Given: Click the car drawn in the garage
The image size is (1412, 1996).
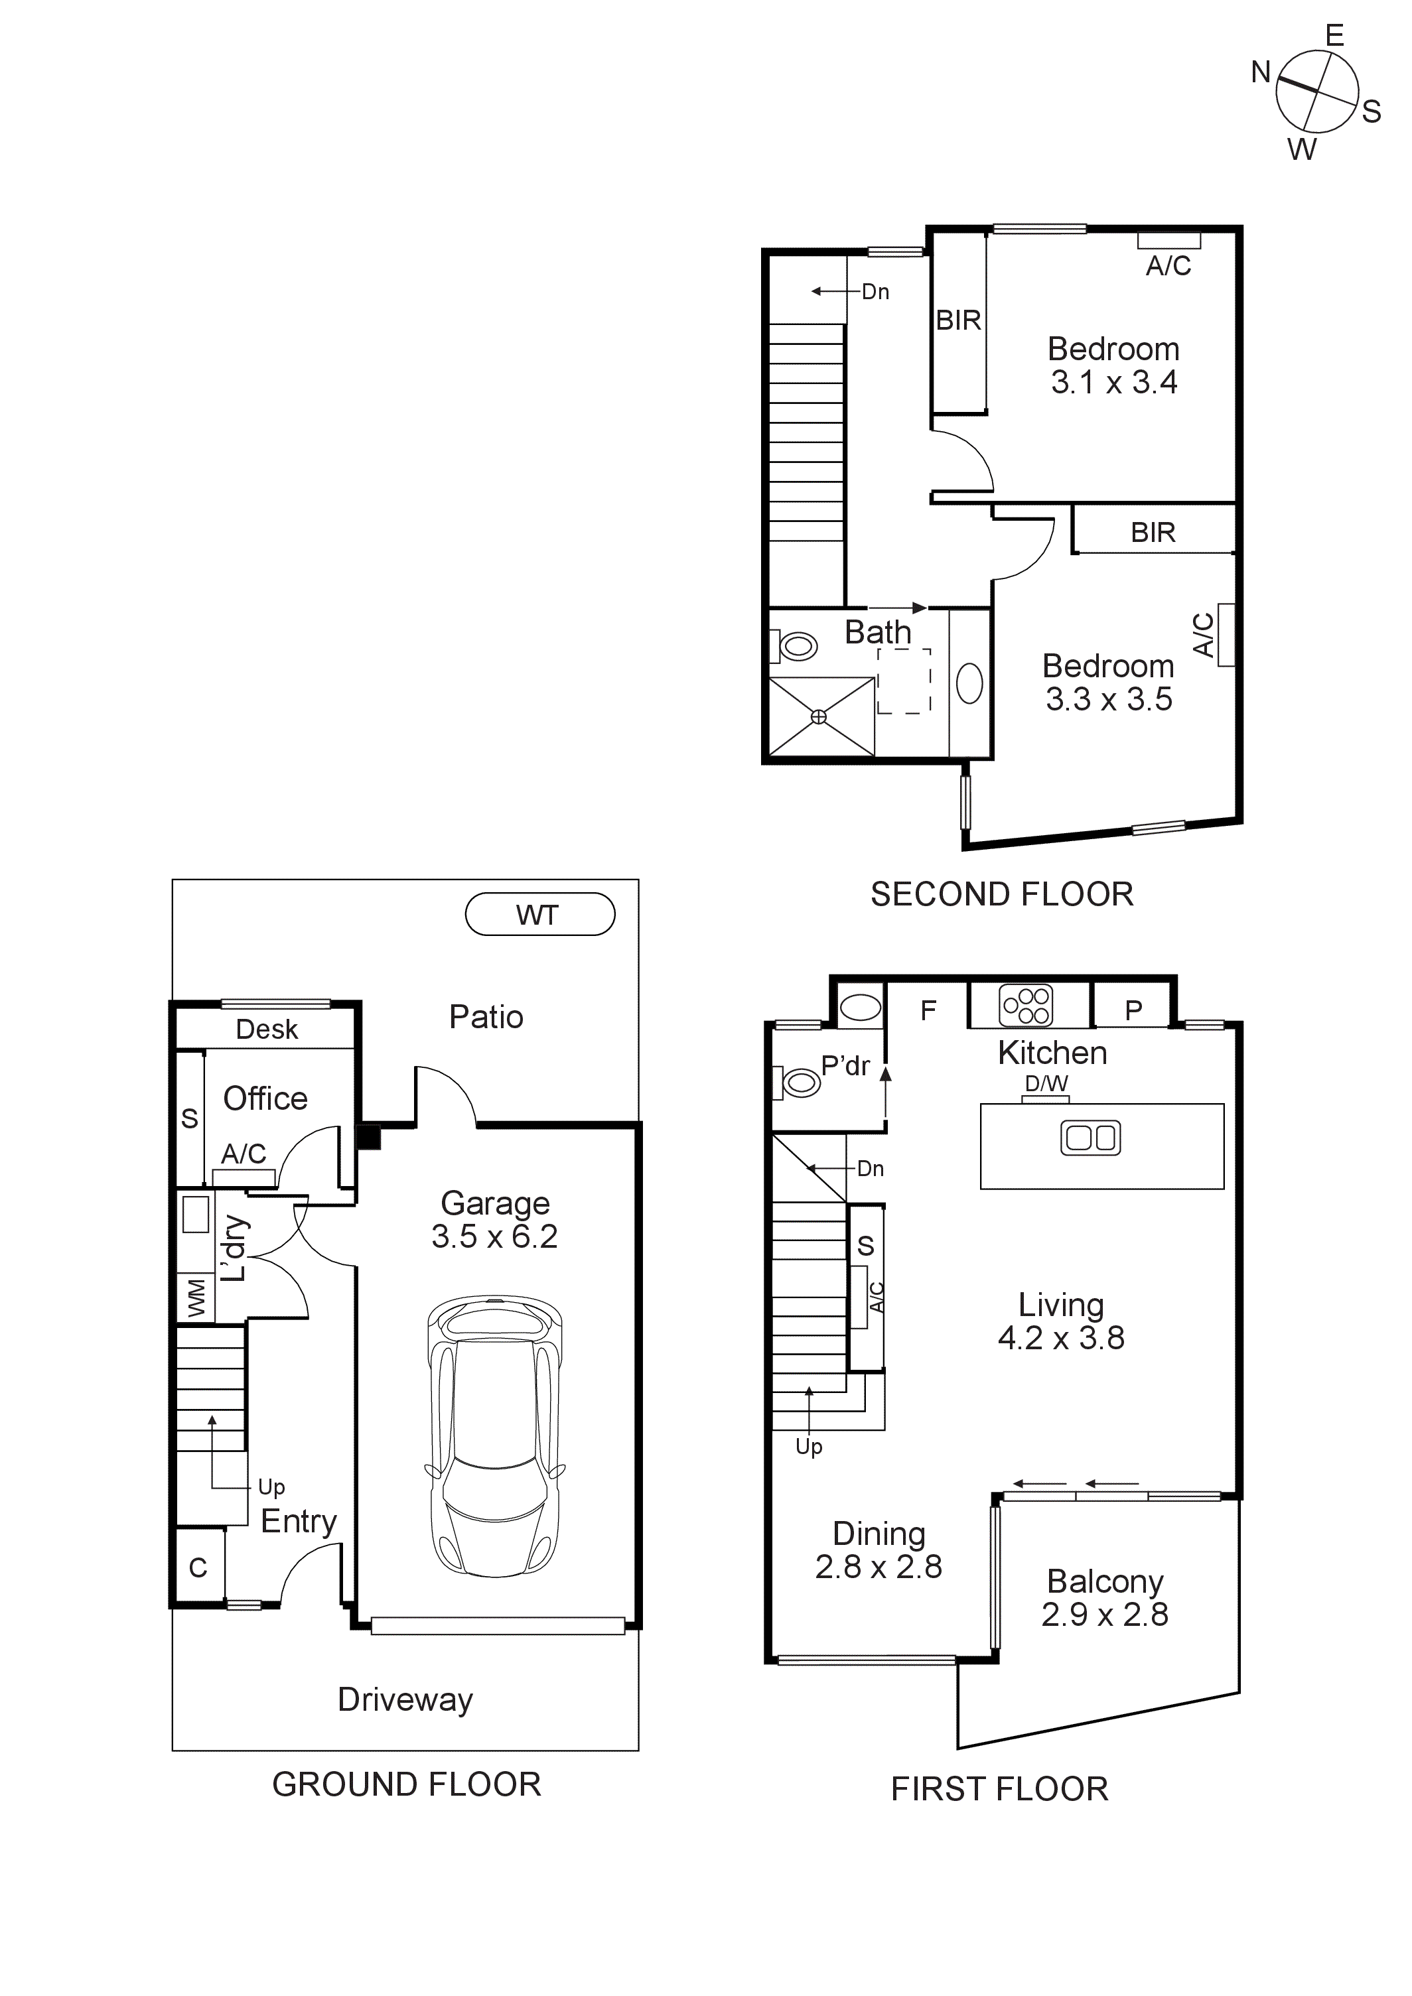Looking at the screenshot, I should (494, 1436).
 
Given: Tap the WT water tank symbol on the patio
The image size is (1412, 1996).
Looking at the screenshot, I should (539, 915).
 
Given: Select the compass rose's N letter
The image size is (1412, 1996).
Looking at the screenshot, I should (1261, 72).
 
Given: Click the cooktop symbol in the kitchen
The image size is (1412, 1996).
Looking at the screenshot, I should (1026, 1006).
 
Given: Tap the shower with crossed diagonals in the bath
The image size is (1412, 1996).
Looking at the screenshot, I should (820, 716).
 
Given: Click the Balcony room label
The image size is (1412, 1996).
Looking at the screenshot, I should (1104, 1581).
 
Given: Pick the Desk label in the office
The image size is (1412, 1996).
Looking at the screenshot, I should (266, 1030).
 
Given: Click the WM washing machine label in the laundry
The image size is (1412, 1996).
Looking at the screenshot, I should (196, 1299).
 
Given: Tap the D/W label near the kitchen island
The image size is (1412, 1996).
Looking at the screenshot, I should (1046, 1083).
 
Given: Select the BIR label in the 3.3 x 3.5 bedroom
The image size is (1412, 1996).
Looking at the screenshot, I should (1153, 532).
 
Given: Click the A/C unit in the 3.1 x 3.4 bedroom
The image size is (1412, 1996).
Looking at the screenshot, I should (1168, 241).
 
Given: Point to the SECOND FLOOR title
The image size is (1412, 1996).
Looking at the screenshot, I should (1002, 895).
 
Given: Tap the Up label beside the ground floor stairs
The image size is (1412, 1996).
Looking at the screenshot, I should (271, 1487).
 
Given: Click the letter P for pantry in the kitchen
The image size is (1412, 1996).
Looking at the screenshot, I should (1133, 1010).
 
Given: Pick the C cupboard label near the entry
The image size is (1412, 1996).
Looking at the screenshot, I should (198, 1567).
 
